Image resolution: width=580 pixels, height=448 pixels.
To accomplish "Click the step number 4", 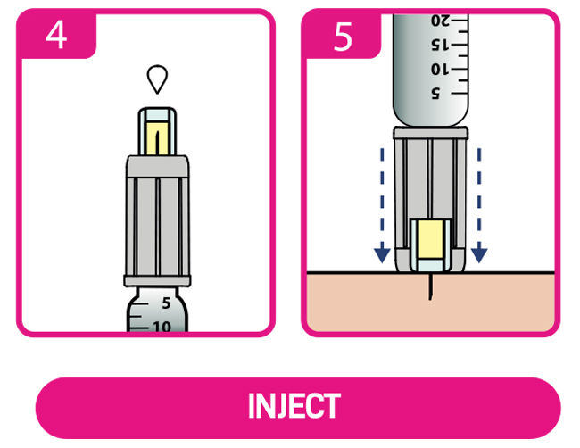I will [x=56, y=38].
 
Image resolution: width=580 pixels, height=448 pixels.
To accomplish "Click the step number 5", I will [x=343, y=38].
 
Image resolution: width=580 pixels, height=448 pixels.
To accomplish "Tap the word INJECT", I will [x=294, y=407].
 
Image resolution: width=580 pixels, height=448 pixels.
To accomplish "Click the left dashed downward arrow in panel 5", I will [x=382, y=205].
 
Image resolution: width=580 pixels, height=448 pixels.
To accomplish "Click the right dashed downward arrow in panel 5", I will [x=480, y=205].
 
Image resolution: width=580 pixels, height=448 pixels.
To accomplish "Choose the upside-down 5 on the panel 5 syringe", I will [x=437, y=93].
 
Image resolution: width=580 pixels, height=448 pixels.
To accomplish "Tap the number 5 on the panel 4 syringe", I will [x=167, y=303].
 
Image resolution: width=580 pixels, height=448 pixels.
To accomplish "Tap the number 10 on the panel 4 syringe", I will [x=161, y=326].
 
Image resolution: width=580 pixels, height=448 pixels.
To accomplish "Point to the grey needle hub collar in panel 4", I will [x=157, y=164].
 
